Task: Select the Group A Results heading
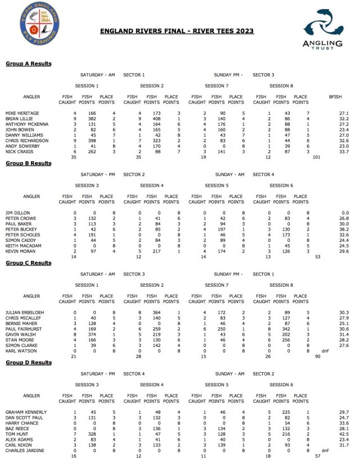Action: pyautogui.click(x=28, y=64)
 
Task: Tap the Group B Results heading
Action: pyautogui.click(x=28, y=164)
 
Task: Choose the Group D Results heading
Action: pyautogui.click(x=28, y=363)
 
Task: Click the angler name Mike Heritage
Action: pyautogui.click(x=21, y=113)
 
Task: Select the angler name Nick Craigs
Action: pyautogui.click(x=19, y=151)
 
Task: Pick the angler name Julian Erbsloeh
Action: pyautogui.click(x=24, y=312)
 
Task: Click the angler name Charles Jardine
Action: pyautogui.click(x=24, y=450)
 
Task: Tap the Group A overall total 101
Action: pyautogui.click(x=316, y=157)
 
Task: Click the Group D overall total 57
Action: pyautogui.click(x=318, y=456)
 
